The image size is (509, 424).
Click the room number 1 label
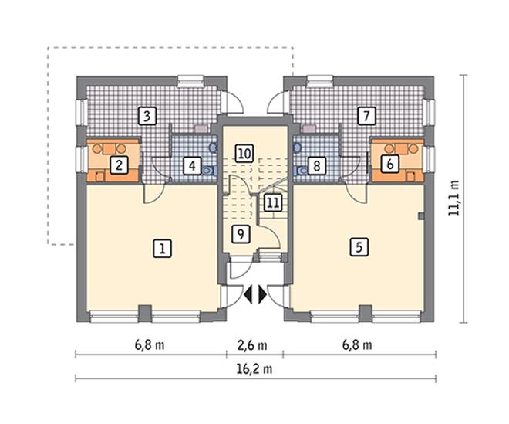point(162,249)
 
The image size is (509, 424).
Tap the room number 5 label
point(359,247)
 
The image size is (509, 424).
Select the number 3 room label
point(147,116)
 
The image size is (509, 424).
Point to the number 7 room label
point(366,116)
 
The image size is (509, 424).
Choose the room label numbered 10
point(244,153)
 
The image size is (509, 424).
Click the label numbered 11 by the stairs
point(272,203)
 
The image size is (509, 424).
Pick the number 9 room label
point(241,234)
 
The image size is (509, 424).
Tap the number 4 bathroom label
point(193,166)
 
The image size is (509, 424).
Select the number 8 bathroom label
point(316,167)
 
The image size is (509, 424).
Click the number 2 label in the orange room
point(119,165)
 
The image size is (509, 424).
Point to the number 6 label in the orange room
point(390,164)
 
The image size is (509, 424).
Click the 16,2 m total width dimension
point(255,369)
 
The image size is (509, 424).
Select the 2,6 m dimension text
point(252,345)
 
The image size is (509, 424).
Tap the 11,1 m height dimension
point(453,198)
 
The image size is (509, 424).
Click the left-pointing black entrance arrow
point(248,295)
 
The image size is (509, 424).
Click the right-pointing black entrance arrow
point(263,295)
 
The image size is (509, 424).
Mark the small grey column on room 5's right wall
point(421,216)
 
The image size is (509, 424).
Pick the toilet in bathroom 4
point(208,170)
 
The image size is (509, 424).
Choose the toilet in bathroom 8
point(301,171)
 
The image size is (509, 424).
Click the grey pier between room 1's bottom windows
point(145,313)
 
